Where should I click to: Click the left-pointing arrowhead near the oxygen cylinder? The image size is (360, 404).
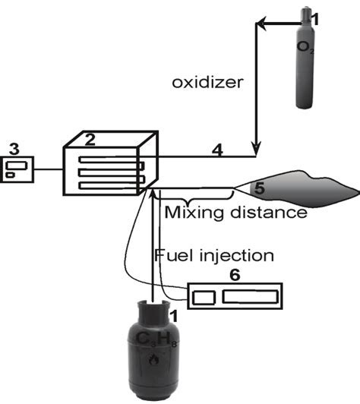[x=260, y=27]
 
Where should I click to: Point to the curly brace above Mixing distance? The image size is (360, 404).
[x=193, y=194]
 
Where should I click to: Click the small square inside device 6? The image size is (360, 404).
[x=203, y=298]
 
